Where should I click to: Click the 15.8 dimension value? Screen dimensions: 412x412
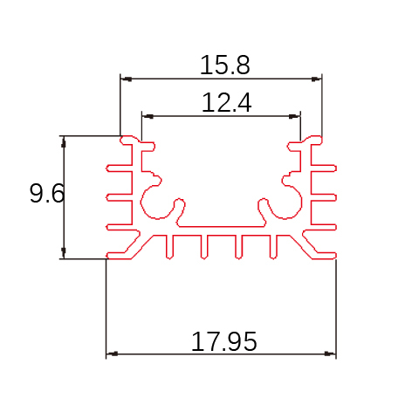224,65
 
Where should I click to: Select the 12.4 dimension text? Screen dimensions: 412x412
226,102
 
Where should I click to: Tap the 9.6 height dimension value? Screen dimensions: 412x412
47,193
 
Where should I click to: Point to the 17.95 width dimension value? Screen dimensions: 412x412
224,341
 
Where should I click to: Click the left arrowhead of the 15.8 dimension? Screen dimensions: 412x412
126,79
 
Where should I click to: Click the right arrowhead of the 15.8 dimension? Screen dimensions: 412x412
316,79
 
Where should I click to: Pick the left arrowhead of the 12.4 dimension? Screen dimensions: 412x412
148,116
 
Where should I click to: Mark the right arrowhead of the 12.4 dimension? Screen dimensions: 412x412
294,116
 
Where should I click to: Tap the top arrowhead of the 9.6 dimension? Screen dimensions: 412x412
64,141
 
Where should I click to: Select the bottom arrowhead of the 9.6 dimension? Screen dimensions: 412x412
64,253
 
